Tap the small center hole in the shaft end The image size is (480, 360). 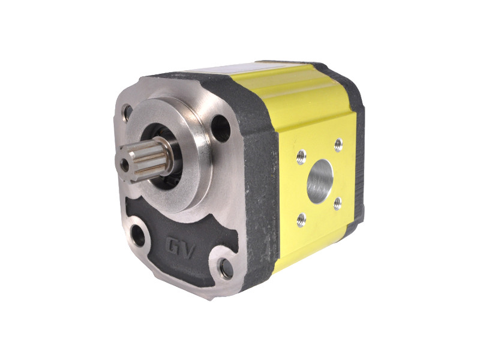click(x=125, y=164)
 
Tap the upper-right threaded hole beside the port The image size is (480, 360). click(x=338, y=145)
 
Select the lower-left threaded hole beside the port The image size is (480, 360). click(x=302, y=219)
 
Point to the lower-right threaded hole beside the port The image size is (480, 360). click(x=337, y=203)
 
